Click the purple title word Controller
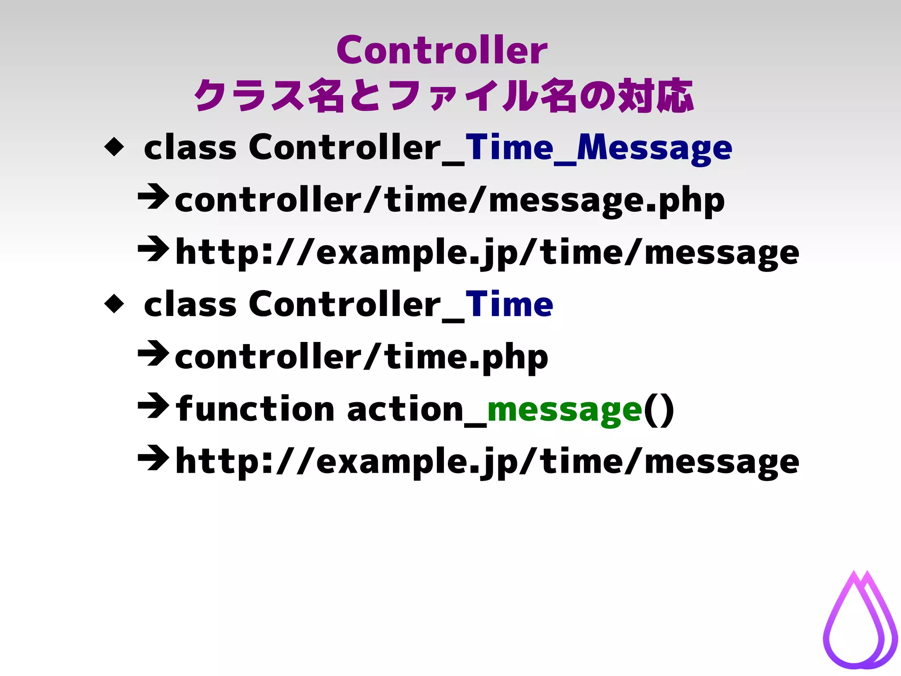[x=442, y=50]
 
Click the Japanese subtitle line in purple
[x=443, y=96]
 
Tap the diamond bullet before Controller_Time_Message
[x=114, y=147]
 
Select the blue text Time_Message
[x=598, y=148]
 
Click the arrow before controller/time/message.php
[x=153, y=198]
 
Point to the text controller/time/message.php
[x=449, y=201]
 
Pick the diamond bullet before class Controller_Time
[x=114, y=304]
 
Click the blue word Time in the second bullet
[x=509, y=305]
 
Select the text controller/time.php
[x=361, y=357]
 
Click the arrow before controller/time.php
[x=153, y=354]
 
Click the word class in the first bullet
[x=190, y=148]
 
